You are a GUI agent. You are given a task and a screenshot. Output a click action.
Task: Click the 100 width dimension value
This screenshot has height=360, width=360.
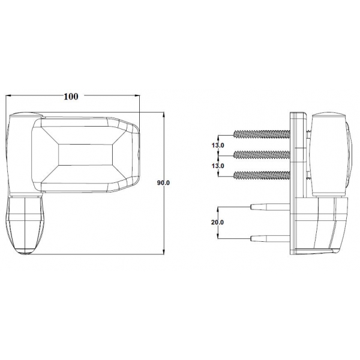(x=71, y=97)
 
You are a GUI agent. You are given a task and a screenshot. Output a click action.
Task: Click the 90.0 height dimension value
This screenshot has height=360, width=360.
(x=163, y=183)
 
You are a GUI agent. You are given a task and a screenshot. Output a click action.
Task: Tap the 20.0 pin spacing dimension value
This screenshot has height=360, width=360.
(x=217, y=222)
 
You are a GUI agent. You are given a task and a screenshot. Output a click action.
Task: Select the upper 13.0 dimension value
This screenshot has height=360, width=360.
(x=218, y=145)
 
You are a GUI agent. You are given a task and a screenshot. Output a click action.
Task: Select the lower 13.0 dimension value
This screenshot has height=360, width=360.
(x=218, y=166)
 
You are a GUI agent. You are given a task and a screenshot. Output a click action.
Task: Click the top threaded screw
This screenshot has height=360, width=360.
(x=262, y=134)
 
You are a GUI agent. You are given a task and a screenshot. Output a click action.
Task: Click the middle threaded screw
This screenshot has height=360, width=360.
(x=262, y=155)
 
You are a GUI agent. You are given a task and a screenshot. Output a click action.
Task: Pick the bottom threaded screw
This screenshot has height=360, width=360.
(x=262, y=175)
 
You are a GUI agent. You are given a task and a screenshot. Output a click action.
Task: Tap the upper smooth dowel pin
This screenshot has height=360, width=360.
(x=270, y=207)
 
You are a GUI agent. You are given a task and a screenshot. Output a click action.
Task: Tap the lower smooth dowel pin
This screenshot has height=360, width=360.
(x=270, y=239)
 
